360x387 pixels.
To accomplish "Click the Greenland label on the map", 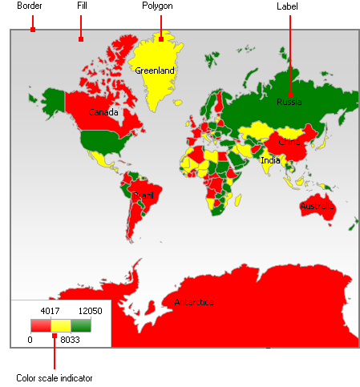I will [155, 71].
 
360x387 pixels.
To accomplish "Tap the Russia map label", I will [289, 102].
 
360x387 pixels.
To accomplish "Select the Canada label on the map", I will [103, 112].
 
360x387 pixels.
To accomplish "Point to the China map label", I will [289, 142].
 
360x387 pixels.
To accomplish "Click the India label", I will [270, 160].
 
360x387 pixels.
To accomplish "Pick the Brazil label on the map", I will [144, 196].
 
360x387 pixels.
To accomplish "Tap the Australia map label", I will [317, 207].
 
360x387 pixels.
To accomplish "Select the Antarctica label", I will [194, 302].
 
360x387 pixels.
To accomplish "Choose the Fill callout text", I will [81, 6].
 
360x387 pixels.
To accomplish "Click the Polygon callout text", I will [157, 6].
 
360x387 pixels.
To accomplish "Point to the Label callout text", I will [288, 6].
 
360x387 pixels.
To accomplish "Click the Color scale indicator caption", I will [54, 377].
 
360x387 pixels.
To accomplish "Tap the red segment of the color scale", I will [41, 325].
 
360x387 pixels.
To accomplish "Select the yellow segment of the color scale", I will [61, 325].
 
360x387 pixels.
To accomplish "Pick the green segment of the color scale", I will [81, 325].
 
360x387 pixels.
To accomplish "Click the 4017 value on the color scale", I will [51, 311].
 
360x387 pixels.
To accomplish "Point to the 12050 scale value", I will [90, 311].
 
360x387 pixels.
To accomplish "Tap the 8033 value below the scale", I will [71, 340].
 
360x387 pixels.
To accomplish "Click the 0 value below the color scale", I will [30, 340].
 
